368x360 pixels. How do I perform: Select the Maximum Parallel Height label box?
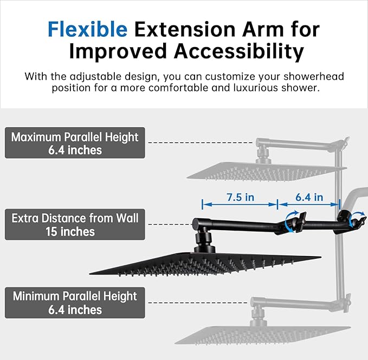[75, 143]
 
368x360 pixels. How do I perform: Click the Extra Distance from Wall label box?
[75, 225]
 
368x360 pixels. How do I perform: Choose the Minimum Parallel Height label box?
[75, 303]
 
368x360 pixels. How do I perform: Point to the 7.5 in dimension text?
[240, 197]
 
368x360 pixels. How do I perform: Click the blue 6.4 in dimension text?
[309, 197]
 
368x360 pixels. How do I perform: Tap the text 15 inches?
[75, 232]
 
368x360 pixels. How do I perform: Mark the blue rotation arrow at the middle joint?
[293, 222]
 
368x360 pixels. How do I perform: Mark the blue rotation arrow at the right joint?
[357, 220]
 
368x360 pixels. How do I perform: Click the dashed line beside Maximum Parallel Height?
[201, 143]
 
